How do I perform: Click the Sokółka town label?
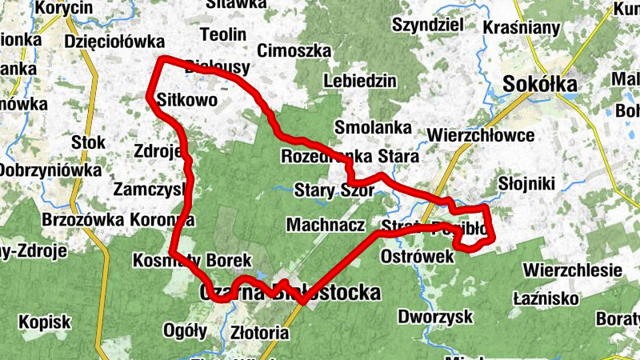(x=540, y=84)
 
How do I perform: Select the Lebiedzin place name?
(x=360, y=81)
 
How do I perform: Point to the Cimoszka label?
(x=294, y=50)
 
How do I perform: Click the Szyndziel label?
(x=428, y=25)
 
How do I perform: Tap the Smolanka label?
(x=374, y=127)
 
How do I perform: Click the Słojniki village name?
(x=526, y=184)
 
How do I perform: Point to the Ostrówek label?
(x=418, y=256)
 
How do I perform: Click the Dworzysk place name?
(x=435, y=316)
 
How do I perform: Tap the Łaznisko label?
(x=546, y=298)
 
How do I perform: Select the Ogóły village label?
(x=185, y=331)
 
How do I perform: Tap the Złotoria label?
(x=259, y=331)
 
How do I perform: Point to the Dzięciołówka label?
(x=115, y=42)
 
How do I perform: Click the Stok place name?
(x=88, y=142)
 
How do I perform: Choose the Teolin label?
(x=226, y=35)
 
